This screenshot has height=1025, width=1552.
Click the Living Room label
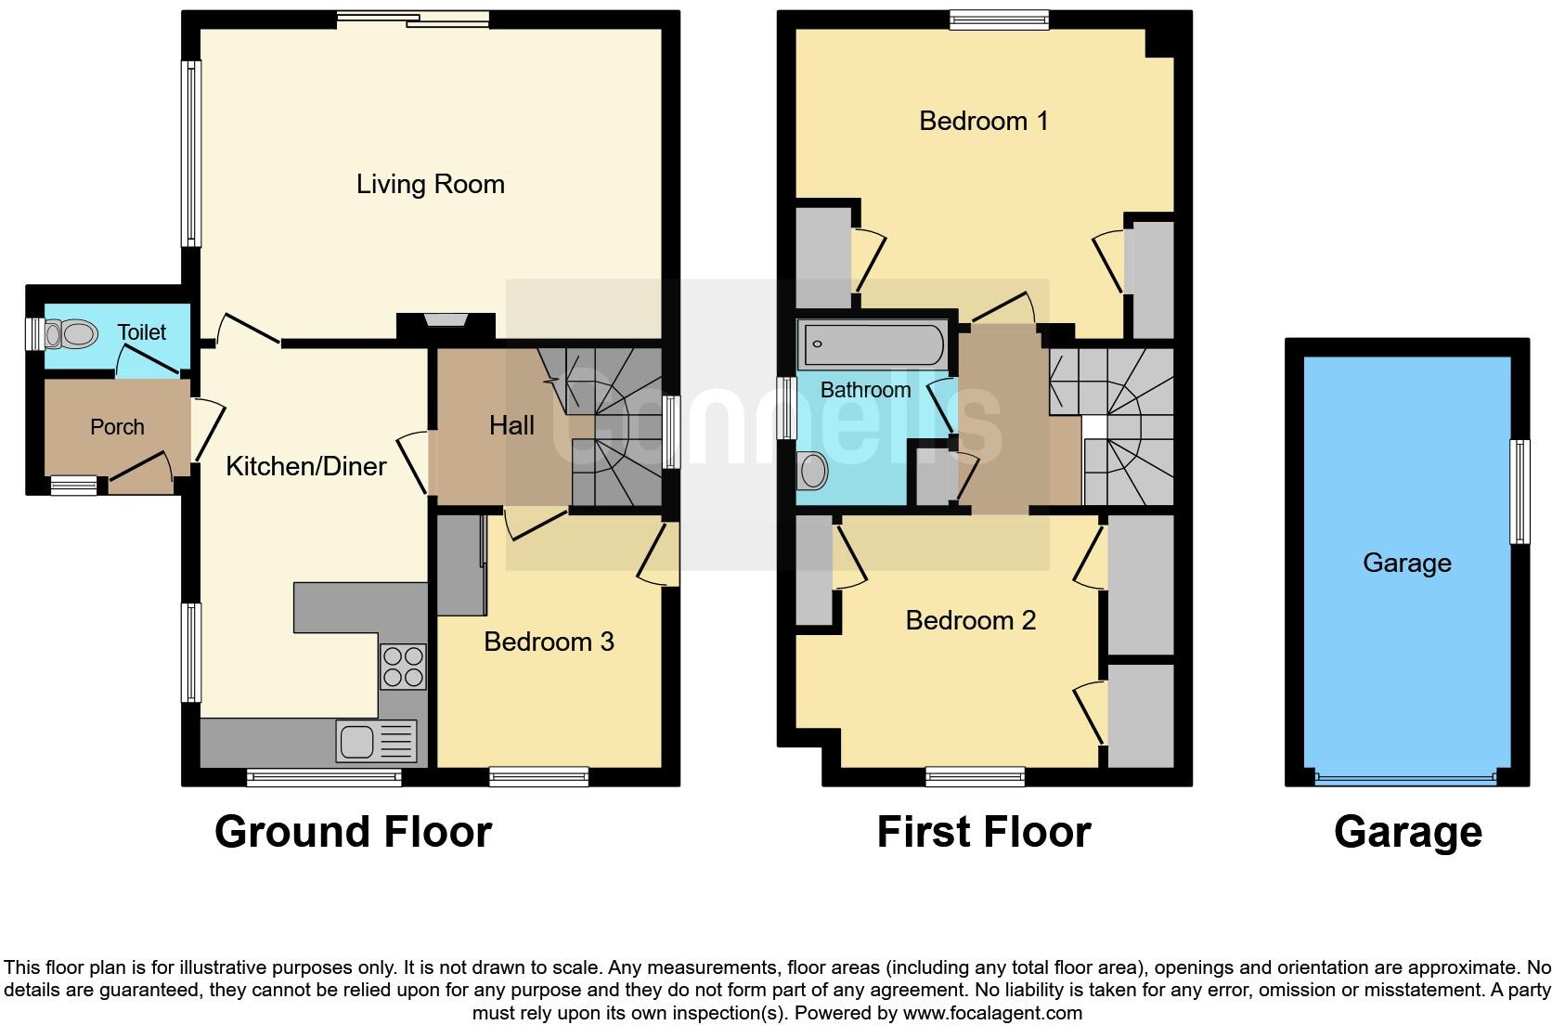coord(430,184)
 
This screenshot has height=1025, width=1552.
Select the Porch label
coord(117,427)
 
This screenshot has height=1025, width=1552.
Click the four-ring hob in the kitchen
coord(403,667)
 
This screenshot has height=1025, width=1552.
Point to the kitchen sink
coord(357,742)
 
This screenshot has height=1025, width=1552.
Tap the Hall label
coord(511,425)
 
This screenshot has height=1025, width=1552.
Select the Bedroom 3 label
coord(549,642)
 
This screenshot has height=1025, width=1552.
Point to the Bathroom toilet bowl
coord(813,471)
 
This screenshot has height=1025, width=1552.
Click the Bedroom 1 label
coord(983,121)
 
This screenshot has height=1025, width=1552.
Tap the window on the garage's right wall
coord(1520,491)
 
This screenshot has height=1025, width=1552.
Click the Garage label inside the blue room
coord(1406,563)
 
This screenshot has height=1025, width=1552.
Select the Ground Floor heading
coord(353,832)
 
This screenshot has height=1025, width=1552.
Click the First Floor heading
coord(983,832)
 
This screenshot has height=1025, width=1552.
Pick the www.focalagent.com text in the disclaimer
coord(992,1013)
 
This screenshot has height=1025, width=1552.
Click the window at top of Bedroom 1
coord(999,19)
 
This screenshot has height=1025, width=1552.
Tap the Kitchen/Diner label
coord(305,466)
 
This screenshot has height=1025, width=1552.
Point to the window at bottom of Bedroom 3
coord(538,776)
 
